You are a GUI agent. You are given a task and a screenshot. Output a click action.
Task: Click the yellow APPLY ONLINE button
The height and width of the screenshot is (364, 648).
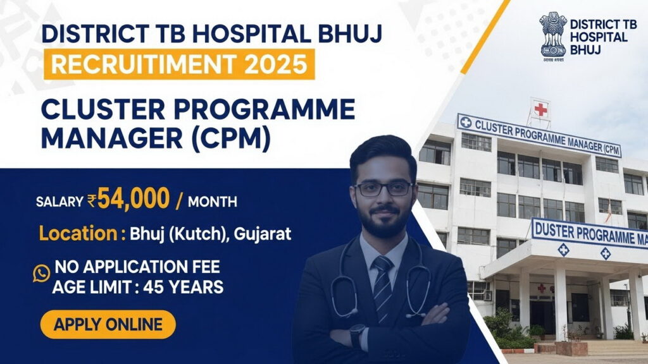(x=108, y=325)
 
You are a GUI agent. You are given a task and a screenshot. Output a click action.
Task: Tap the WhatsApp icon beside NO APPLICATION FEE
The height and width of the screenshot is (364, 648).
(x=41, y=273)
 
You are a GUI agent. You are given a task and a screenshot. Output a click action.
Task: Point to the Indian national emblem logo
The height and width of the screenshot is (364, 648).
(x=553, y=35)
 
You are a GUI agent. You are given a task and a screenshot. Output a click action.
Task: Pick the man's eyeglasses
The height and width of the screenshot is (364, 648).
(x=383, y=188)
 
